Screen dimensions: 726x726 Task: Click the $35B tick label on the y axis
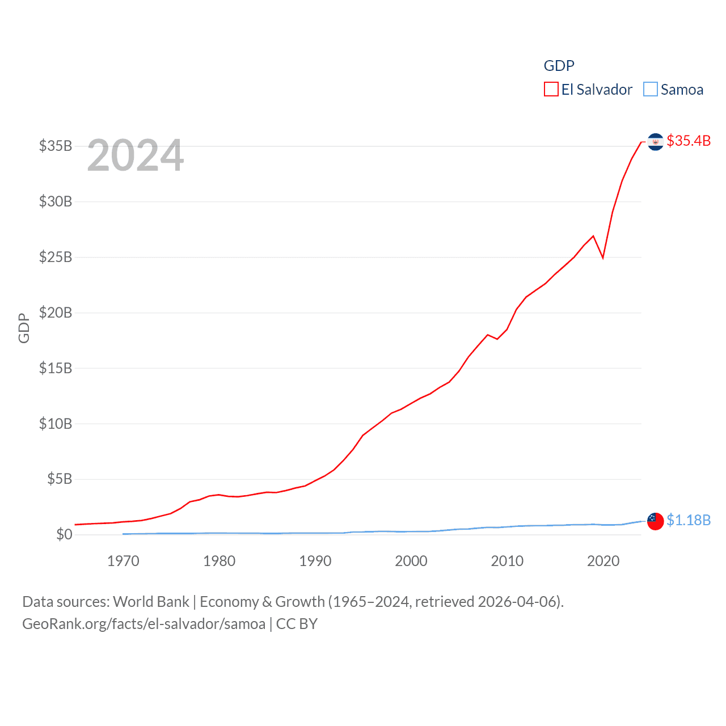56,146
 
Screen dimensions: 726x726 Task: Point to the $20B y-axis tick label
56,313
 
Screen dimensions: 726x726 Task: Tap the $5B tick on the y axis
59,479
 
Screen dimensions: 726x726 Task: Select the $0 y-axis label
64,534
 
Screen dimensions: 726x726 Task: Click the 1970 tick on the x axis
123,561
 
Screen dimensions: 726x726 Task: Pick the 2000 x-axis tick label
411,561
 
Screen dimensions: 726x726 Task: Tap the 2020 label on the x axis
603,561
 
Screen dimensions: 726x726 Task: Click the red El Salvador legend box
551,90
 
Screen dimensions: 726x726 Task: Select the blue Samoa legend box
651,90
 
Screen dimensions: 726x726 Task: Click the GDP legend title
559,66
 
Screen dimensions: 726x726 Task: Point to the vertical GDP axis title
24,328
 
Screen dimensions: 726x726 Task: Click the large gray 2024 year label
136,155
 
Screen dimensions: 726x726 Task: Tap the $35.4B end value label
689,141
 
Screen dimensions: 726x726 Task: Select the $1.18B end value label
689,520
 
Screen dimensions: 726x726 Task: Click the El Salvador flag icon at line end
655,142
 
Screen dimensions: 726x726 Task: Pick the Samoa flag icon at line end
655,521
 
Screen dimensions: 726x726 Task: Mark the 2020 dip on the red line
603,258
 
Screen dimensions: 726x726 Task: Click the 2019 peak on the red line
593,236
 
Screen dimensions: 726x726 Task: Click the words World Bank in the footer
151,601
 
